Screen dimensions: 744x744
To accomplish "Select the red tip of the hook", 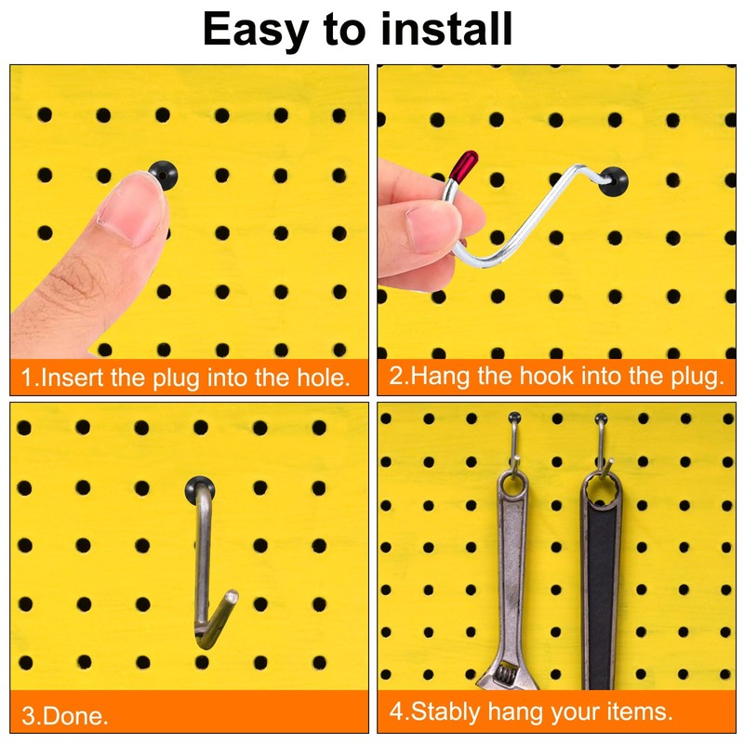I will [462, 165].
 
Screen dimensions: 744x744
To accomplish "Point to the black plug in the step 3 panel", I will [199, 486].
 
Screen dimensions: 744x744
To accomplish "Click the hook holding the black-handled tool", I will [602, 437].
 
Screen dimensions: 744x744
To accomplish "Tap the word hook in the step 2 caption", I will [549, 377].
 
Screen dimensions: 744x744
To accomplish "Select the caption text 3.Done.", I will [65, 716].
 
